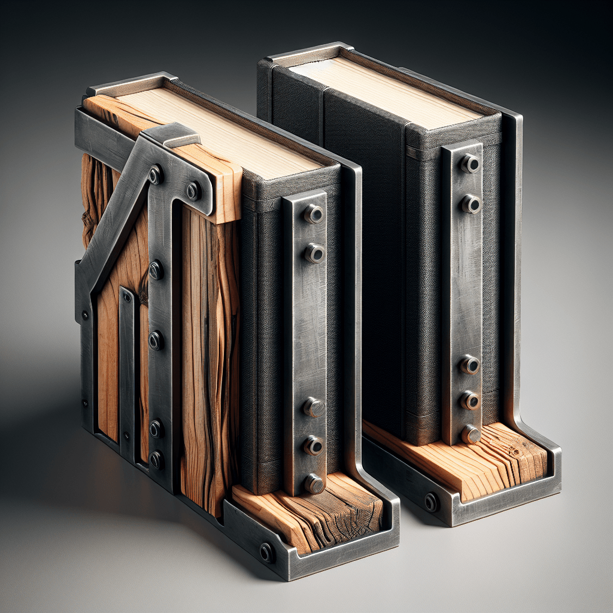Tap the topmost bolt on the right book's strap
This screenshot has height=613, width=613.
[x=470, y=163]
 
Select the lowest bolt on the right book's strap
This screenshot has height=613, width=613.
[x=470, y=433]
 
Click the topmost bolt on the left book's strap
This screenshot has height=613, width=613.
[x=313, y=214]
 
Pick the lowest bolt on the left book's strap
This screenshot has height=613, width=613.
[x=313, y=483]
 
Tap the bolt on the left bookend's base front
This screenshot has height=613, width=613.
[x=266, y=552]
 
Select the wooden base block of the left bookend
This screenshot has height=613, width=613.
[x=311, y=512]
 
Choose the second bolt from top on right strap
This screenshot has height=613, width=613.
[x=470, y=204]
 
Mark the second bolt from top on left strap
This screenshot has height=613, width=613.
[x=314, y=253]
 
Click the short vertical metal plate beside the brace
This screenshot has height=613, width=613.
[x=127, y=371]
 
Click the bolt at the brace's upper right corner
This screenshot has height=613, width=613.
[x=193, y=191]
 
